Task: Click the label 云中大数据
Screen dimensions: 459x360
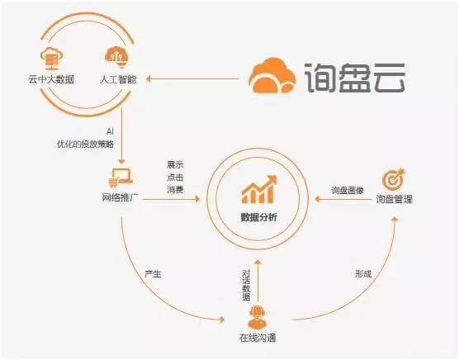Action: point(51,79)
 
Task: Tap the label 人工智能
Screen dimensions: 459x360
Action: point(118,79)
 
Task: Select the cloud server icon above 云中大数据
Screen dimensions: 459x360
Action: point(51,59)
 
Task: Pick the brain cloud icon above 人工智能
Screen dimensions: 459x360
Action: point(116,57)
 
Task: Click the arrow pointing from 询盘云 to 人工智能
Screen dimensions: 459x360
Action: point(192,78)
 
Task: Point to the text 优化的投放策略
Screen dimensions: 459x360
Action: point(85,144)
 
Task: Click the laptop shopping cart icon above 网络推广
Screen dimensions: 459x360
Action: point(121,178)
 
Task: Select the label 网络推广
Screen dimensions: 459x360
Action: point(120,197)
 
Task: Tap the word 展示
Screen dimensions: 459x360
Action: point(175,164)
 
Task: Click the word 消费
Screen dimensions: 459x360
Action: point(175,190)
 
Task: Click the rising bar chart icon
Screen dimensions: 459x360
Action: point(258,189)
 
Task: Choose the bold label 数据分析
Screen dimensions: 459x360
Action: point(258,217)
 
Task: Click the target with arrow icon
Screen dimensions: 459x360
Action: point(394,178)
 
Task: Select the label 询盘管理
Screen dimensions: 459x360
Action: point(394,199)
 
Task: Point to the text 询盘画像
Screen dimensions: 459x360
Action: point(348,191)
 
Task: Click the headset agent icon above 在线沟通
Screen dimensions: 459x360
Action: point(258,317)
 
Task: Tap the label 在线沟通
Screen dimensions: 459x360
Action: point(258,338)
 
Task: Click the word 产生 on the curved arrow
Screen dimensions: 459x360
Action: point(153,274)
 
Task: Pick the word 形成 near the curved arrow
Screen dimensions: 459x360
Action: point(363,274)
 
